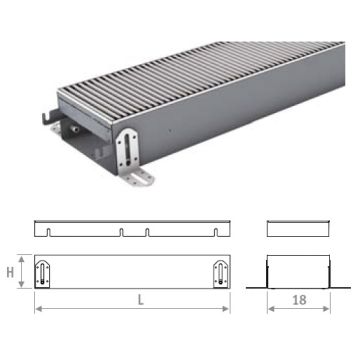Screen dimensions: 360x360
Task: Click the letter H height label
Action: coord(11,273)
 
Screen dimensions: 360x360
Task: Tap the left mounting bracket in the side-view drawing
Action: coord(44,273)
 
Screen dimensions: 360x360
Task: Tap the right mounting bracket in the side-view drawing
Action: coord(219,273)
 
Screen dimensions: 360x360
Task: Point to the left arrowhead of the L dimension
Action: coord(38,306)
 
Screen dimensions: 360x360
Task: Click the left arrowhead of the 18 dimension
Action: coord(269,306)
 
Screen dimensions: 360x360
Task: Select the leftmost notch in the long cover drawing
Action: coord(50,232)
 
